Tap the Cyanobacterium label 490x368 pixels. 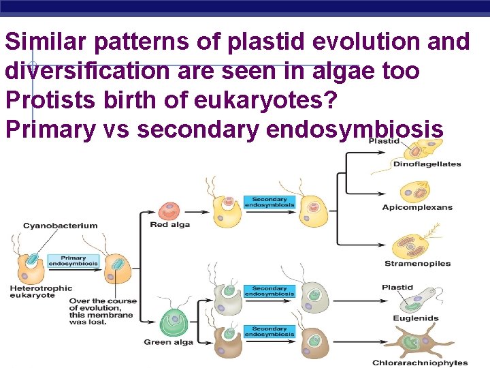pos(60,226)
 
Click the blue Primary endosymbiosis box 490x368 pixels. pos(73,261)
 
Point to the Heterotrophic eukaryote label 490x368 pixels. pos(41,292)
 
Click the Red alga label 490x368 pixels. pos(169,225)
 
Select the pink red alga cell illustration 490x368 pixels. pos(169,211)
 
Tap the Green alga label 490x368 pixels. pos(168,342)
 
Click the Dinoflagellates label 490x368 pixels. pos(427,164)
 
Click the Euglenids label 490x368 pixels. pos(415,318)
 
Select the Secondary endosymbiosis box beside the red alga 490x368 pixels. pos(269,202)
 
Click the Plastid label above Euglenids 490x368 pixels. pos(397,288)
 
